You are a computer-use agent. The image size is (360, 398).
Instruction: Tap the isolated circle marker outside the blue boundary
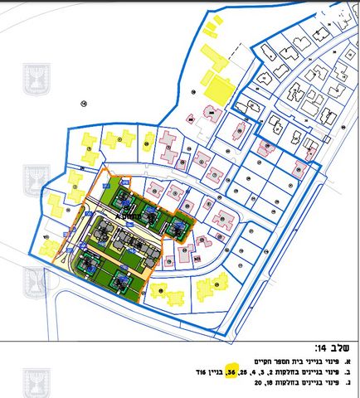tap(84, 102)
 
